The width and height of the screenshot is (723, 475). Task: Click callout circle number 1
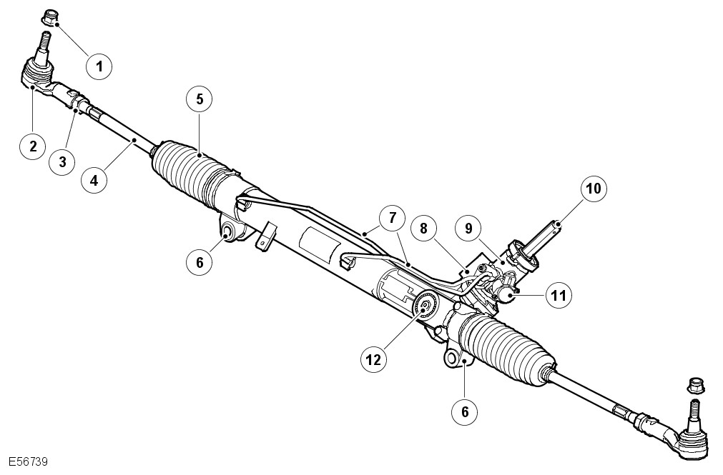(x=99, y=67)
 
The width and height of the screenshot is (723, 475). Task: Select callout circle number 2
(x=33, y=146)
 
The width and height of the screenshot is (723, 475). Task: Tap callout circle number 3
(x=63, y=161)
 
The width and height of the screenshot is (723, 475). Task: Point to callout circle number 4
(x=94, y=180)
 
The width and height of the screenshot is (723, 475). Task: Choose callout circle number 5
(x=200, y=99)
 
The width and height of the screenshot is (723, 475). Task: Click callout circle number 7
(x=392, y=218)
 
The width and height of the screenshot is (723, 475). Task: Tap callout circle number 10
(x=594, y=189)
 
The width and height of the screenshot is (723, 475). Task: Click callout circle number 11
(x=559, y=295)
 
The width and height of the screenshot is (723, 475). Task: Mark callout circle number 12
(x=373, y=360)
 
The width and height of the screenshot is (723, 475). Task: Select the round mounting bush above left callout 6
(x=227, y=231)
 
